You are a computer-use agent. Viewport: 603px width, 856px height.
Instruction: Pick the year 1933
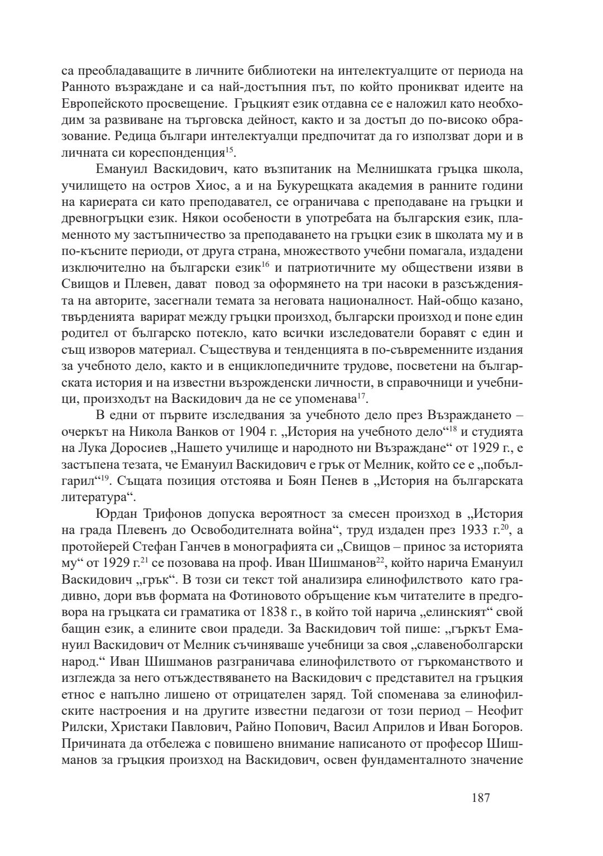(476, 529)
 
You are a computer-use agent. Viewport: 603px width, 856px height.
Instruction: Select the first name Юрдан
(115, 513)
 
